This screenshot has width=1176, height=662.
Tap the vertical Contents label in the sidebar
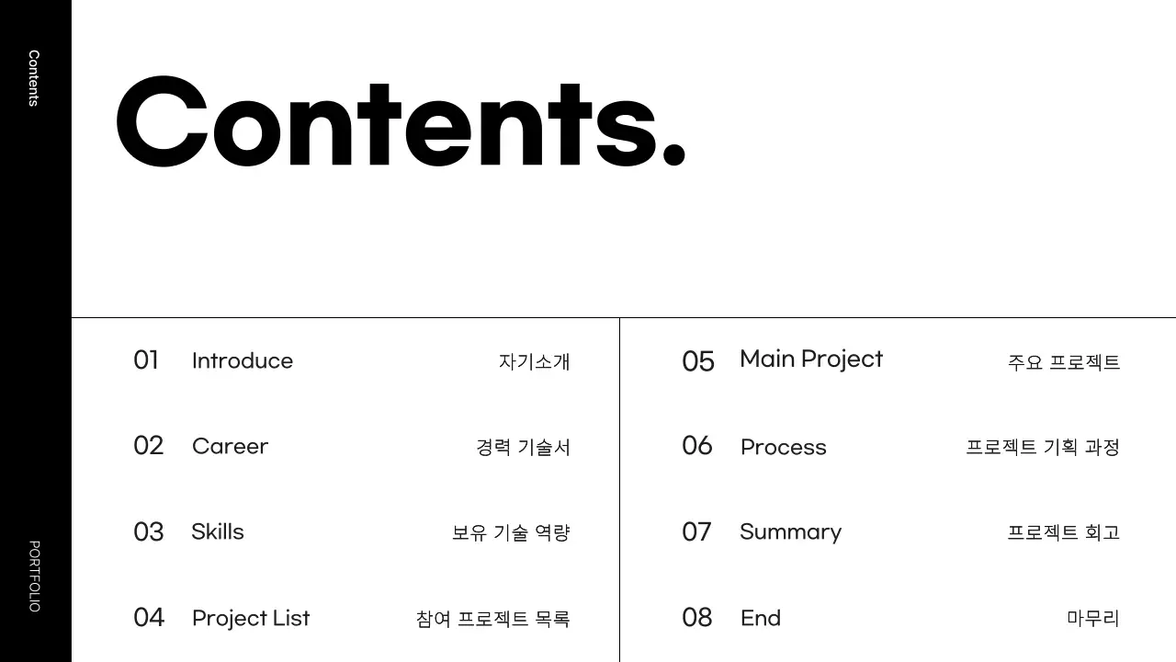click(34, 78)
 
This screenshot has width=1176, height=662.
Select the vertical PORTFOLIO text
click(34, 576)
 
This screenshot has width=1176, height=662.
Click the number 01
click(146, 360)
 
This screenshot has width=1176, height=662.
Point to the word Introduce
click(243, 360)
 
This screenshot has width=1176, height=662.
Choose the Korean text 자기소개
click(534, 361)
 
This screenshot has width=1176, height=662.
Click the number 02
click(148, 446)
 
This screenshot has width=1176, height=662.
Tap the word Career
click(230, 447)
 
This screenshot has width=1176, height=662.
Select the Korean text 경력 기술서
click(523, 448)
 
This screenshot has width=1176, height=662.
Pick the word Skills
click(218, 531)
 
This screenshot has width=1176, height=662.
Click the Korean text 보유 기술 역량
click(511, 533)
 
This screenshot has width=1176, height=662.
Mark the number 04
click(149, 617)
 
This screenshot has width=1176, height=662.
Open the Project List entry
click(251, 618)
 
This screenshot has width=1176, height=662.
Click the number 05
click(698, 361)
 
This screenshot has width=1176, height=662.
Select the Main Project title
click(811, 360)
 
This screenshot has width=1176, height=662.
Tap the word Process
click(784, 448)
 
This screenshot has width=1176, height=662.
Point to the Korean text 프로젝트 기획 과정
click(1042, 448)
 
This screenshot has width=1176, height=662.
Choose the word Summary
click(790, 532)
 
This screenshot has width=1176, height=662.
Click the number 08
click(697, 617)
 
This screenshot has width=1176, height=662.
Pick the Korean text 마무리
click(1093, 618)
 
